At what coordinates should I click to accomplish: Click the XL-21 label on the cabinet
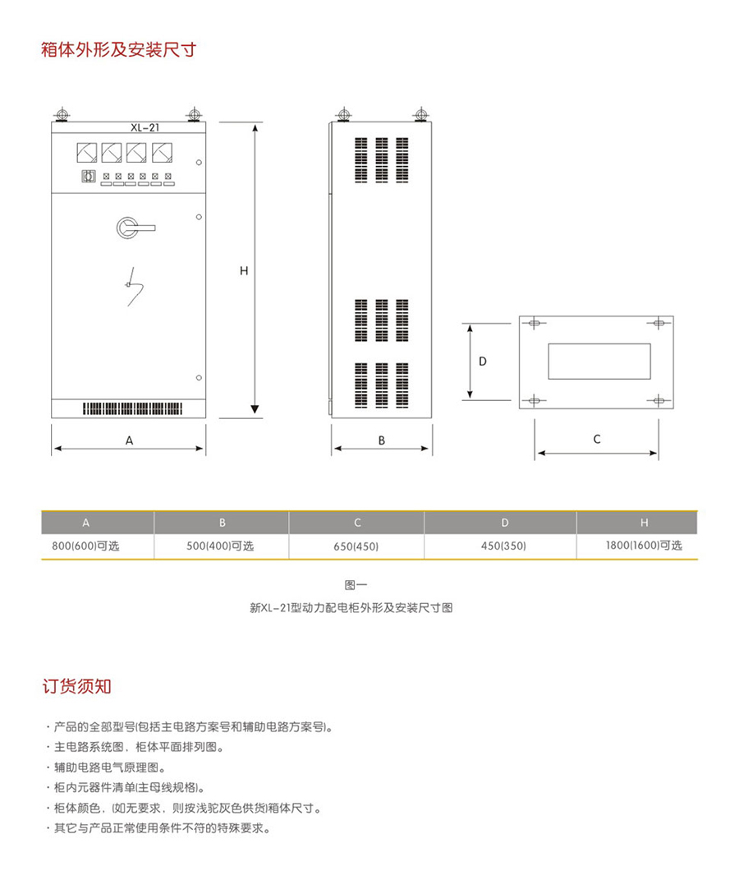tap(145, 127)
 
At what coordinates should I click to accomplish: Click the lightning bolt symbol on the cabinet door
tap(133, 287)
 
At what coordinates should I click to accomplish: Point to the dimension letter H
tap(244, 271)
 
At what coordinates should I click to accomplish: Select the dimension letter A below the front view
tap(130, 440)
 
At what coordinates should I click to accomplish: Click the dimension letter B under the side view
tap(382, 440)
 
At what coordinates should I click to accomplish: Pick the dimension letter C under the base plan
tap(597, 440)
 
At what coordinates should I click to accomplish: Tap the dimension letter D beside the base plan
tap(483, 362)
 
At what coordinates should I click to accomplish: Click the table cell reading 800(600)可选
tap(85, 546)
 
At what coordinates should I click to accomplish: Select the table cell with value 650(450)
tap(356, 546)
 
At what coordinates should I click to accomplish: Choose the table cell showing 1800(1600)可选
tap(644, 546)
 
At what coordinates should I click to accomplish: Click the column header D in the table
tap(505, 523)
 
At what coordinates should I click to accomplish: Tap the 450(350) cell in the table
tap(503, 546)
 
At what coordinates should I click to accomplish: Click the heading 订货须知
tap(76, 687)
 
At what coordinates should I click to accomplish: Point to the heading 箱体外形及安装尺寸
tap(119, 50)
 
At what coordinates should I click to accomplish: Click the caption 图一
tap(356, 585)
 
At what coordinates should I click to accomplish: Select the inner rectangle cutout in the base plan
tap(599, 362)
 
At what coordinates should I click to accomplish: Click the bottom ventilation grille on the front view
tap(133, 409)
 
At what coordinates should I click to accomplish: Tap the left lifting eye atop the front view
tap(62, 115)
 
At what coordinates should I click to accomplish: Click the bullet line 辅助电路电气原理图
tap(109, 767)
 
